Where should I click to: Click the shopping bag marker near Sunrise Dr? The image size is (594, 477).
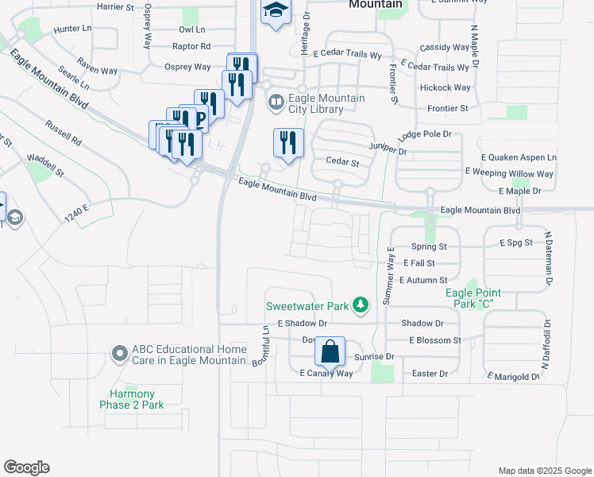(x=330, y=351)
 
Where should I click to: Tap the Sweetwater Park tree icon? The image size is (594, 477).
(x=361, y=304)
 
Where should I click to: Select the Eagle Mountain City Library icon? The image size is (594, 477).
(x=276, y=101)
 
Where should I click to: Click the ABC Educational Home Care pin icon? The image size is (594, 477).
(x=119, y=352)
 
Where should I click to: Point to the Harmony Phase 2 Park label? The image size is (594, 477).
(x=132, y=399)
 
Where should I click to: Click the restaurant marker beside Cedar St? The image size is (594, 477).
(x=288, y=142)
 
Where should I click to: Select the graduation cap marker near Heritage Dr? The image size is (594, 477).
(x=276, y=10)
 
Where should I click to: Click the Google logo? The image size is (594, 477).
(x=26, y=467)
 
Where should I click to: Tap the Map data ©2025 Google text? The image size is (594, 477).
(x=544, y=471)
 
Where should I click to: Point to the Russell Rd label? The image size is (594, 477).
(x=64, y=133)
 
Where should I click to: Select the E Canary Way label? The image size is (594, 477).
(x=326, y=373)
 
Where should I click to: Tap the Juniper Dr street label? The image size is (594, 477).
(x=388, y=149)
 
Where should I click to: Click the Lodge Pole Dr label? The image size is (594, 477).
(x=424, y=135)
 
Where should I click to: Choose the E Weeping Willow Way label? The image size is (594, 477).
(x=509, y=173)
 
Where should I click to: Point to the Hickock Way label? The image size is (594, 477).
(x=445, y=87)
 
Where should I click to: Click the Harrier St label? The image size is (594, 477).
(x=116, y=6)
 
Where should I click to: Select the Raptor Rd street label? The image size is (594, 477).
(x=191, y=47)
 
